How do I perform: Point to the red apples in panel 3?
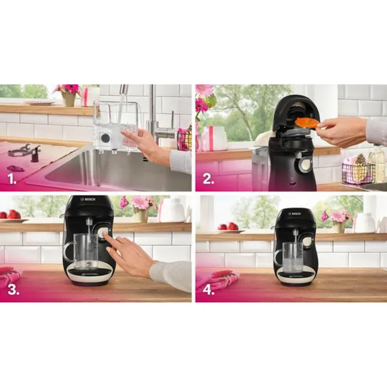point(13,214)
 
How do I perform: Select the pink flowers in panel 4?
point(336,215)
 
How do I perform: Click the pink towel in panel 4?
point(217,278)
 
